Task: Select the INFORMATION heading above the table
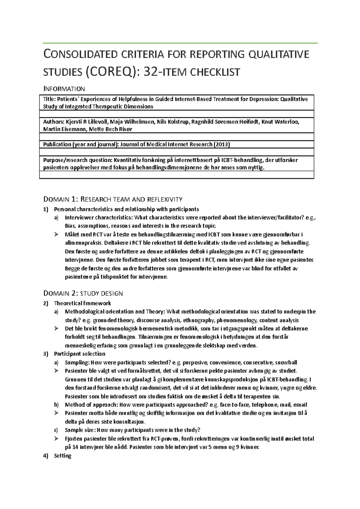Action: pyautogui.click(x=64, y=89)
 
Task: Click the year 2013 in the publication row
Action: pyautogui.click(x=221, y=144)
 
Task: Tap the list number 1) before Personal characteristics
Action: pyautogui.click(x=46, y=209)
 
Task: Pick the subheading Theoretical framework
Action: pyautogui.click(x=82, y=303)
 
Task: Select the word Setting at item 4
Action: pyautogui.click(x=62, y=456)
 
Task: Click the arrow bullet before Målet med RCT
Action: pyautogui.click(x=56, y=234)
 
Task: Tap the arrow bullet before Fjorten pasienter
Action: pyautogui.click(x=56, y=439)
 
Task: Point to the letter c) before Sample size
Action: pyautogui.click(x=56, y=430)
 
